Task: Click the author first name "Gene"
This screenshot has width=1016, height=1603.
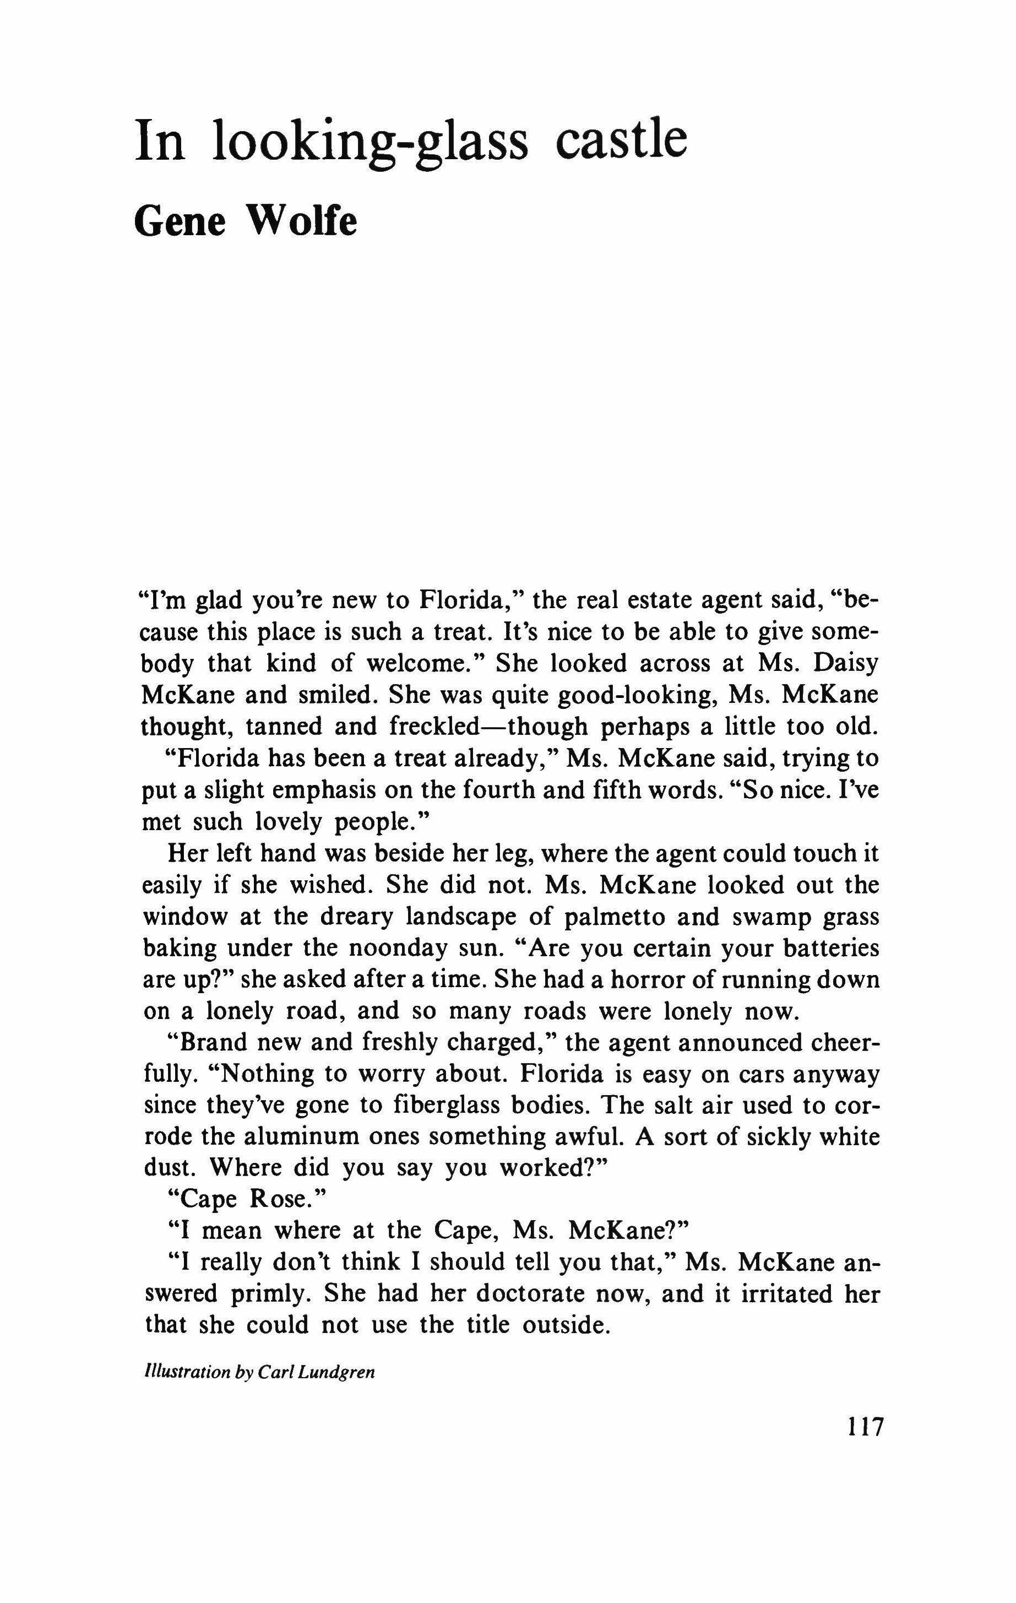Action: (180, 221)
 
